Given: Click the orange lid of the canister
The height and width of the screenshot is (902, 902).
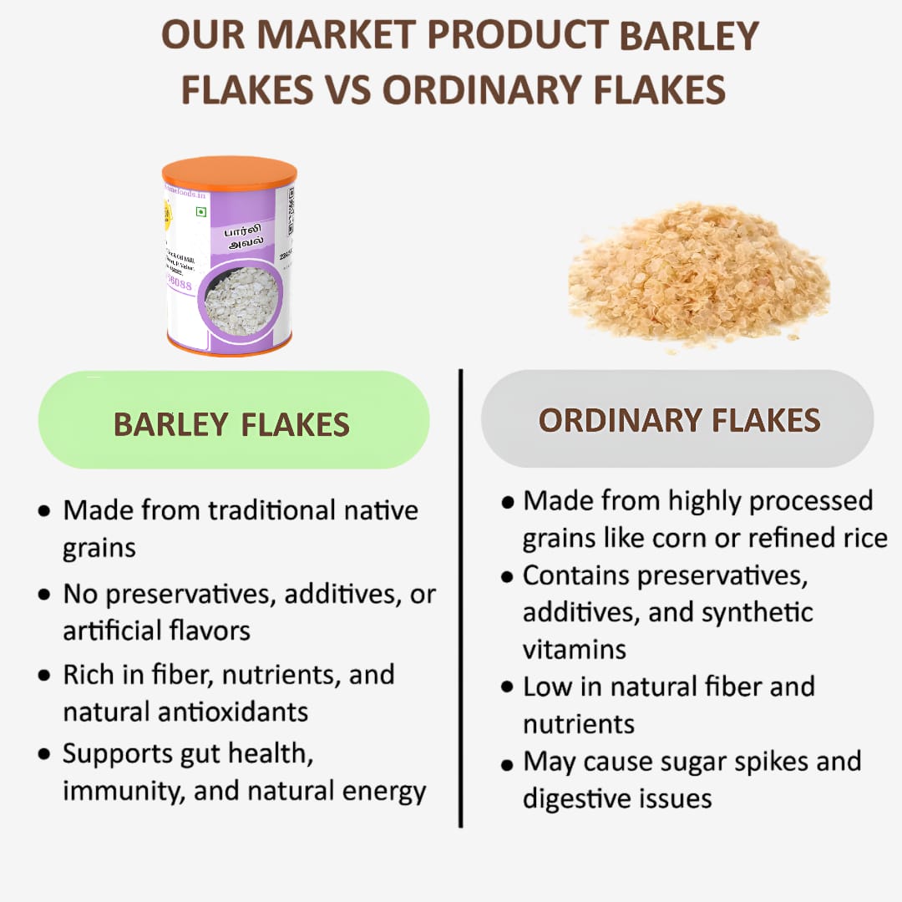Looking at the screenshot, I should [229, 172].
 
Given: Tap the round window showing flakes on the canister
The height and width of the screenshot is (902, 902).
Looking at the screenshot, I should [241, 301].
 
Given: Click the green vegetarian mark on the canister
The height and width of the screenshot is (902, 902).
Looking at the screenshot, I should [200, 212].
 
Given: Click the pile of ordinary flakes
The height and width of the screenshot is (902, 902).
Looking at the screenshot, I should [698, 272].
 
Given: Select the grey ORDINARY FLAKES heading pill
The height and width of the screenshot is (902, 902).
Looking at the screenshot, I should [677, 418].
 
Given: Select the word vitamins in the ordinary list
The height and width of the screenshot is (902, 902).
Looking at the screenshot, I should [574, 649].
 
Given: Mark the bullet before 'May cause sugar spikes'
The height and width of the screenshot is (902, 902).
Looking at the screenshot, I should [506, 763].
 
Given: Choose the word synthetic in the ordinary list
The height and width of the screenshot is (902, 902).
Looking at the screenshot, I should [757, 611].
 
